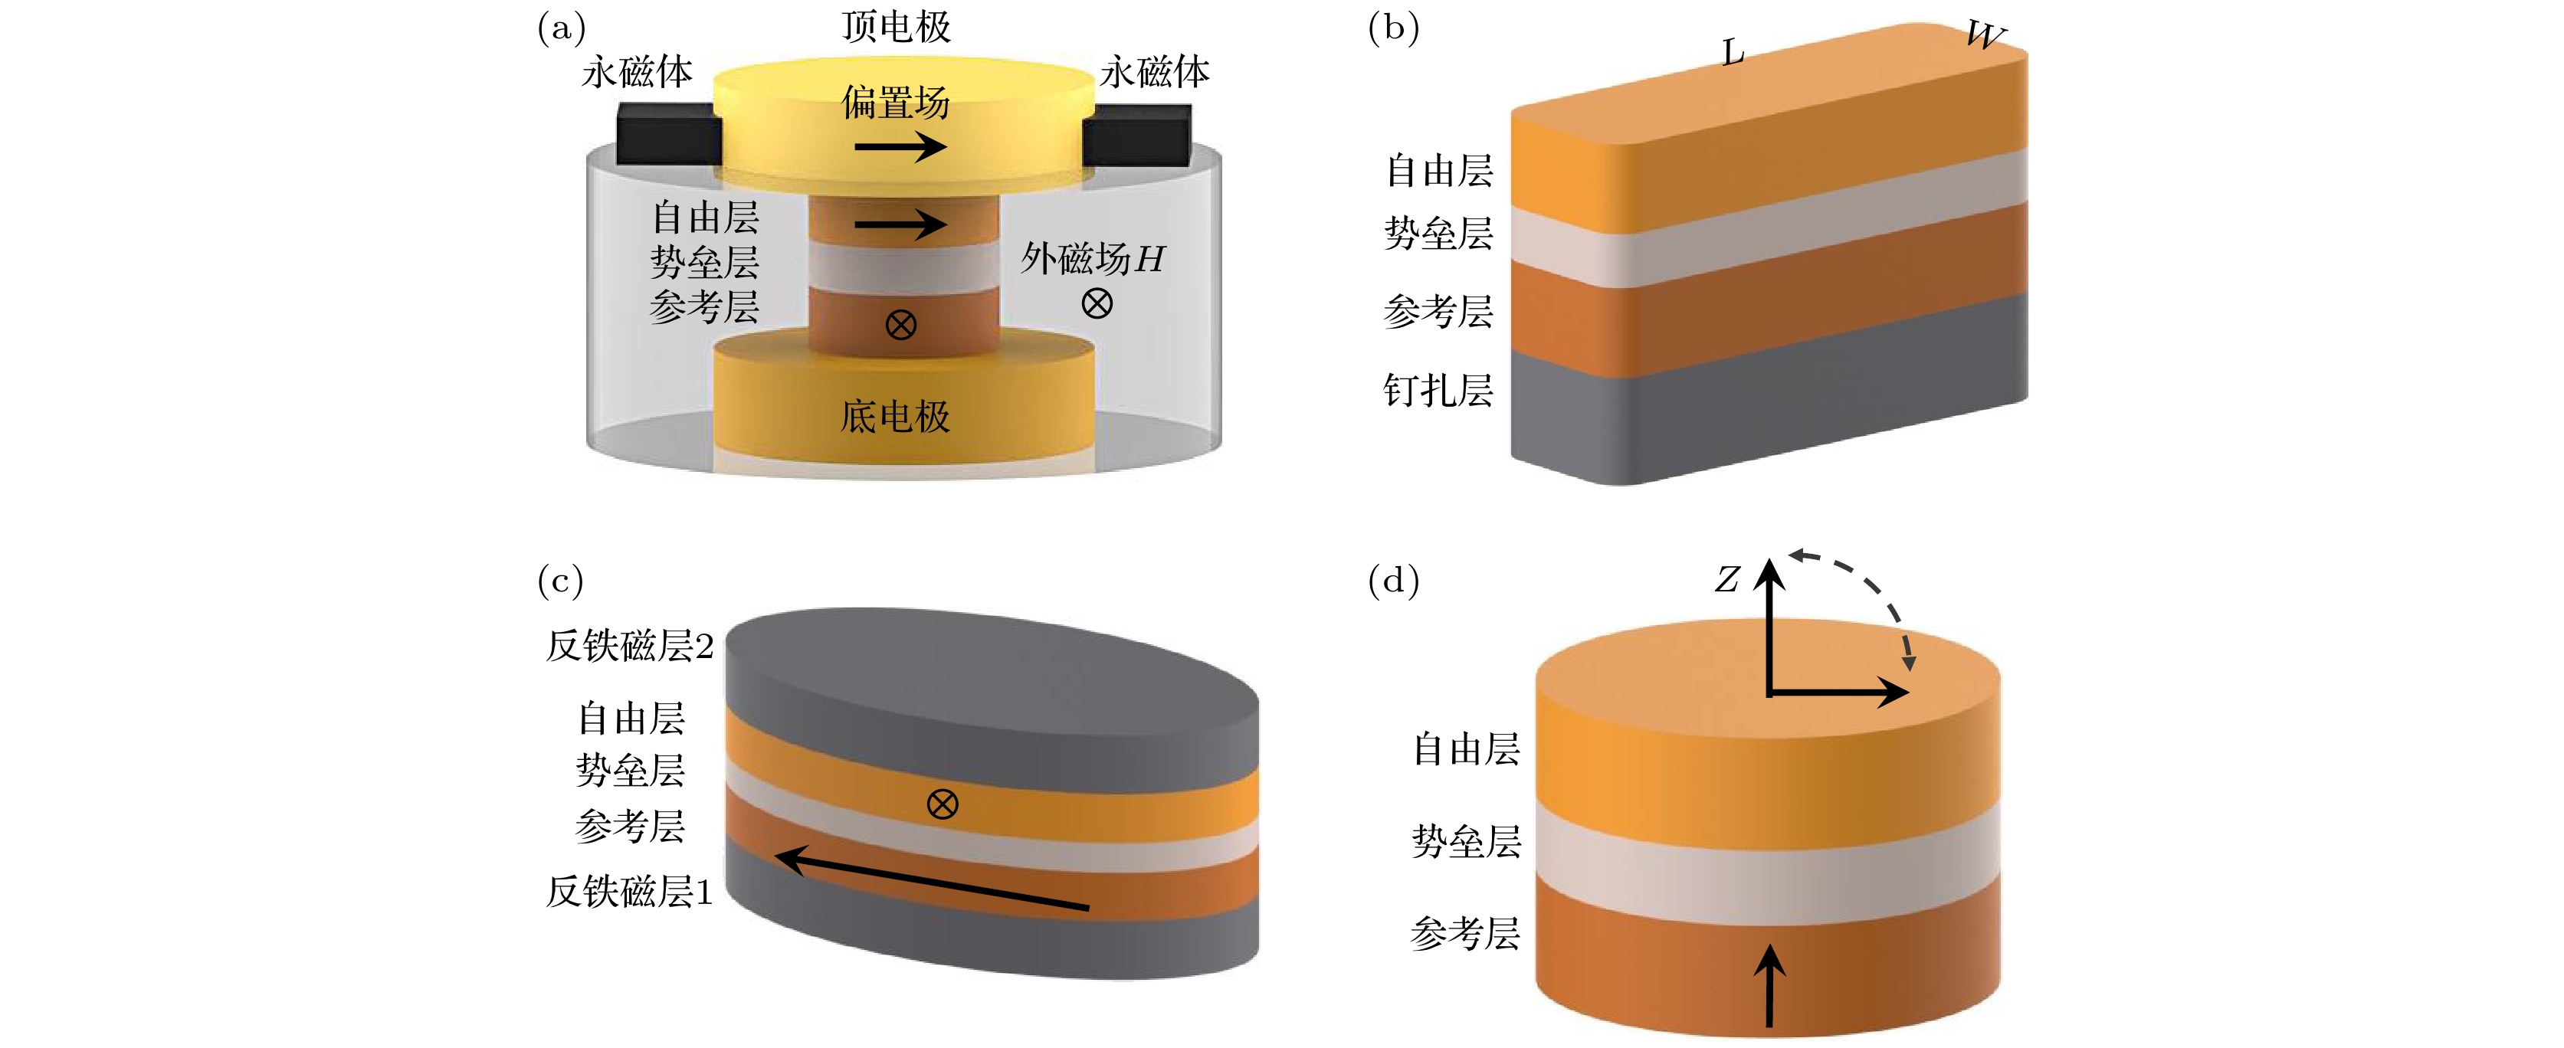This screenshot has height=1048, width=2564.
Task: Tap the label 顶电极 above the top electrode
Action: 896,26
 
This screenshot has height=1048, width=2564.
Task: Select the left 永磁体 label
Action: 637,72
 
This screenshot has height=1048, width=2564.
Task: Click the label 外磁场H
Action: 1092,259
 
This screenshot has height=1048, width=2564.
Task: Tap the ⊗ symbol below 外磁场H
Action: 1097,303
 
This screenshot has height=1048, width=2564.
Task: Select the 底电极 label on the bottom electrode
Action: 896,416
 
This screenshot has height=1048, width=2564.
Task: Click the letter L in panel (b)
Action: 1733,52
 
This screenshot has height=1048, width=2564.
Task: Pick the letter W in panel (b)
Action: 1985,36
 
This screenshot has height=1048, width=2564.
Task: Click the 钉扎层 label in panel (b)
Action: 1438,390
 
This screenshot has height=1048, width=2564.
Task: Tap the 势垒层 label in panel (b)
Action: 1438,234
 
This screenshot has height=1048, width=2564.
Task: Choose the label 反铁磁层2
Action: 629,646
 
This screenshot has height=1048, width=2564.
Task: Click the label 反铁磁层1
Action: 629,891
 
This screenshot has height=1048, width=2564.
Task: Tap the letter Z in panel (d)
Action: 1727,579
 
